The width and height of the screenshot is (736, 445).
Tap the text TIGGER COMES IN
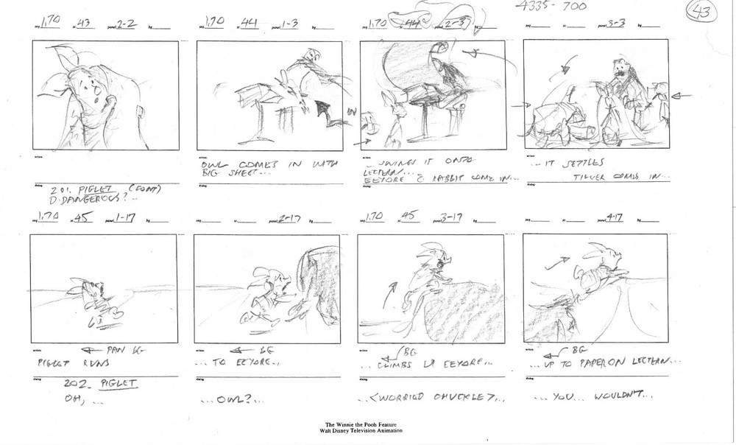click(x=631, y=175)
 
